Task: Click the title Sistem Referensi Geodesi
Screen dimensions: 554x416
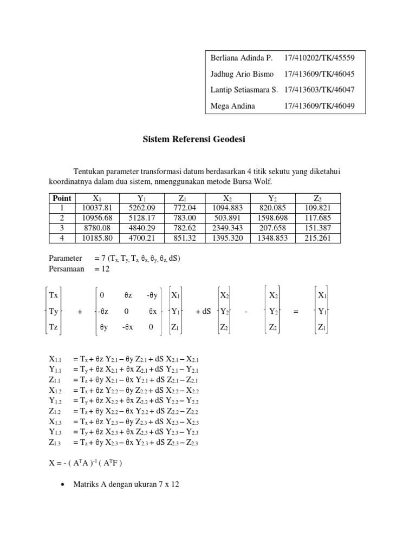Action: pos(193,140)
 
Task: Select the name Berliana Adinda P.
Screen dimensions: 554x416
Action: pos(241,57)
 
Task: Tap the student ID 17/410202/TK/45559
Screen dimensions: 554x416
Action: pos(320,57)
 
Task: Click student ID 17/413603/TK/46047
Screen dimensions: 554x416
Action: pos(320,90)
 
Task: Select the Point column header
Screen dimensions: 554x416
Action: pos(61,198)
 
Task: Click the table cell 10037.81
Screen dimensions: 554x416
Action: pos(96,208)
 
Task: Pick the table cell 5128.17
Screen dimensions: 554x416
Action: pos(139,218)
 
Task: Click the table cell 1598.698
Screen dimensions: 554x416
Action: pos(274,218)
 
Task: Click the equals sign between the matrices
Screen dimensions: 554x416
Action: pos(296,312)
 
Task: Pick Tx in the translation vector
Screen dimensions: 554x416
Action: pos(54,295)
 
